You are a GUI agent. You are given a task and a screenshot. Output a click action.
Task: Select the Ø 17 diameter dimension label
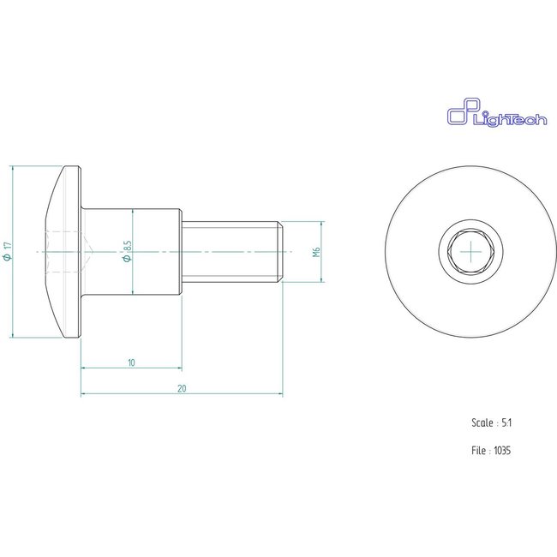[x=8, y=251]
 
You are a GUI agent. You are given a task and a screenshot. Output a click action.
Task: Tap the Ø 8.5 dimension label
[x=127, y=251]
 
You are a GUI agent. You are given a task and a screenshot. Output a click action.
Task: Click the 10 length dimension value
[x=131, y=362]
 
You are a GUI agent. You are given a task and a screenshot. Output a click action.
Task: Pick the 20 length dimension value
[x=182, y=388]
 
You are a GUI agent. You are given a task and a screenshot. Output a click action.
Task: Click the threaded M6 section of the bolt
[x=231, y=251]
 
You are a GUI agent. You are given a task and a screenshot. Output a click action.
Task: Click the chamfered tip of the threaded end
[x=280, y=251]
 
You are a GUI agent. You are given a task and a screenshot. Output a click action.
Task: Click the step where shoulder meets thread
[x=183, y=251]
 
